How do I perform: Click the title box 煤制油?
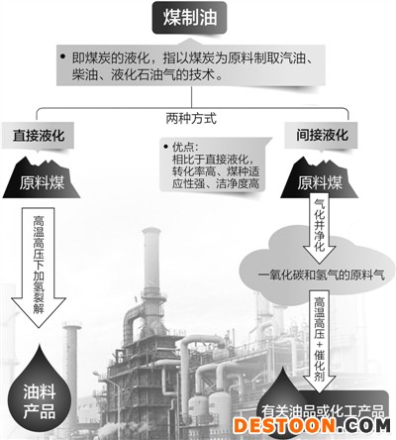pyautogui.click(x=189, y=17)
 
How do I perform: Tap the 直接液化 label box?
pyautogui.click(x=38, y=136)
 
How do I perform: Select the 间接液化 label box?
pyautogui.click(x=321, y=135)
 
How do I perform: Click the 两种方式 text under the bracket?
pyautogui.click(x=191, y=118)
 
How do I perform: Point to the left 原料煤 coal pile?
pyautogui.click(x=42, y=178)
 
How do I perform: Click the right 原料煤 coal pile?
pyautogui.click(x=319, y=178)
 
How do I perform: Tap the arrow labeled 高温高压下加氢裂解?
pyautogui.click(x=39, y=267)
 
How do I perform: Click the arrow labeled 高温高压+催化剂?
pyautogui.click(x=319, y=341)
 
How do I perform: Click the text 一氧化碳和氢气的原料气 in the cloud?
pyautogui.click(x=322, y=275)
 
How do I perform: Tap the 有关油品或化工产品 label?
pyautogui.click(x=323, y=411)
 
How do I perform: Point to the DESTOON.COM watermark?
pyautogui.click(x=312, y=425)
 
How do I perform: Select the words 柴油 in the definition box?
pyautogui.click(x=82, y=74)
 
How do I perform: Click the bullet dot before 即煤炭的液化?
pyautogui.click(x=63, y=56)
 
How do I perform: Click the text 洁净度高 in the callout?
pyautogui.click(x=238, y=183)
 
